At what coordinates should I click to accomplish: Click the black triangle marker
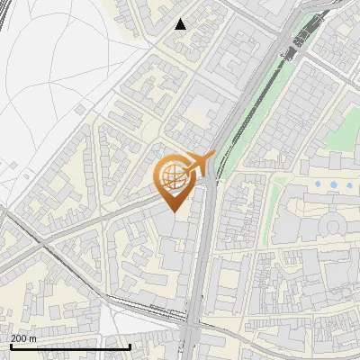(181, 23)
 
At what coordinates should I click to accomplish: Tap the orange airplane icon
(197, 164)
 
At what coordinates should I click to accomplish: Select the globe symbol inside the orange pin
(171, 177)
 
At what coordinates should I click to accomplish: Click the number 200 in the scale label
(19, 338)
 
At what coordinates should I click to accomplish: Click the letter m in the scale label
(33, 338)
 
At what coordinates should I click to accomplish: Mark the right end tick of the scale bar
(130, 346)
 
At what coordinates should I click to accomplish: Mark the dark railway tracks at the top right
(302, 36)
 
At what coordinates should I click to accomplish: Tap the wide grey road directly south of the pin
(201, 270)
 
